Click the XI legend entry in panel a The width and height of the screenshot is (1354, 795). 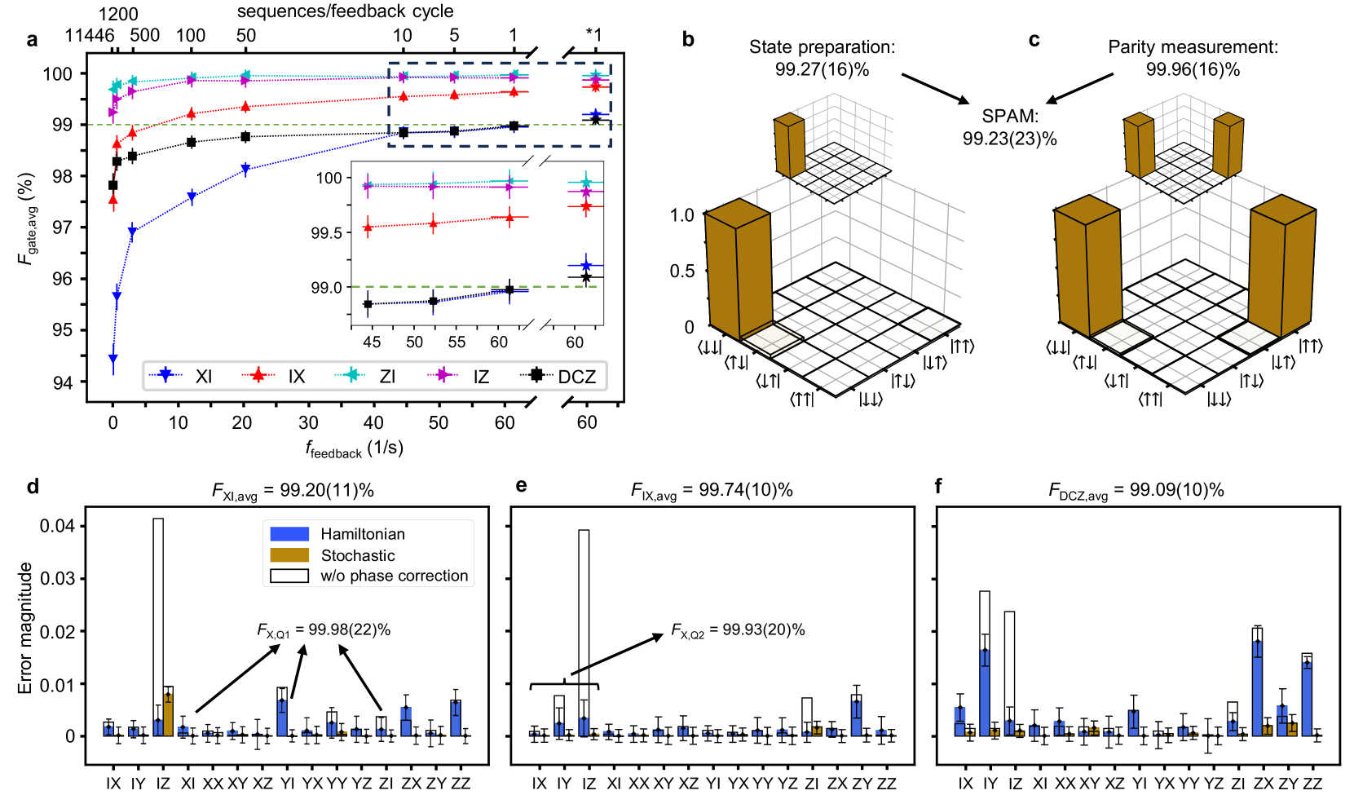[187, 376]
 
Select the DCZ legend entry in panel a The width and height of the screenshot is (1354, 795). [562, 376]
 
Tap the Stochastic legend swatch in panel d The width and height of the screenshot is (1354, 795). [289, 555]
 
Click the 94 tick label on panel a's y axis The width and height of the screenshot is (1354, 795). [63, 382]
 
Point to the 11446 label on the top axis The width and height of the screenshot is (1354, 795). [89, 35]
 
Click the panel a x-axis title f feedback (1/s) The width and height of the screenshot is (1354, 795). [354, 448]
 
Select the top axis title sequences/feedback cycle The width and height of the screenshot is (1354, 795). [345, 11]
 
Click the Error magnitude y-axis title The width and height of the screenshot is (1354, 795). [25, 628]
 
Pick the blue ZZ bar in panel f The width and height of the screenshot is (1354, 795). [1307, 698]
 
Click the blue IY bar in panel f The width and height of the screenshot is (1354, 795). [985, 693]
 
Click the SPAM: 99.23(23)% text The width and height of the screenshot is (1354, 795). [1009, 128]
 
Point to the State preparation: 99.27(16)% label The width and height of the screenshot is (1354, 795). [822, 58]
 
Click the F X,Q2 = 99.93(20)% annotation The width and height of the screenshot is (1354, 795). [738, 629]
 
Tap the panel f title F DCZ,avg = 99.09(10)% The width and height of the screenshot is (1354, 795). [1136, 491]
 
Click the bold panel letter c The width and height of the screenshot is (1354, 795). [1034, 40]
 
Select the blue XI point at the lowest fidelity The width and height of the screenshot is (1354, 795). [112, 359]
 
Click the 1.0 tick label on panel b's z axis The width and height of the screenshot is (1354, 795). [681, 215]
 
